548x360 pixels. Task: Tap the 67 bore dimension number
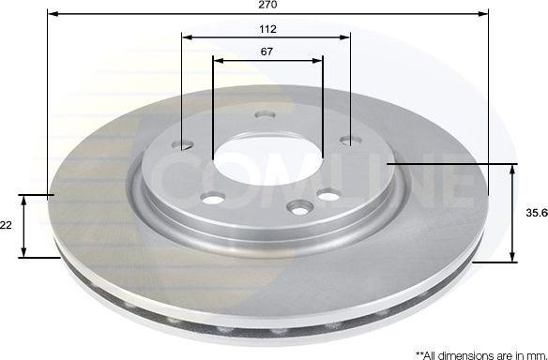267,52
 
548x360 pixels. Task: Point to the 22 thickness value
6,225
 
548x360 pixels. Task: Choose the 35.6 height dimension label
536,214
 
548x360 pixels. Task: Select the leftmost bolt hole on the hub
185,144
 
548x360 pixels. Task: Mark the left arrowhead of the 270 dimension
51,15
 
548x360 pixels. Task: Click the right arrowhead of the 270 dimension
485,15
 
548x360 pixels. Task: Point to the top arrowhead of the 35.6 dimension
514,169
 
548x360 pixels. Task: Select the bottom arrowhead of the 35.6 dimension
514,258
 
